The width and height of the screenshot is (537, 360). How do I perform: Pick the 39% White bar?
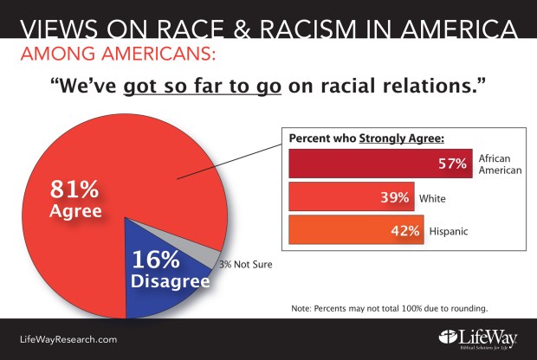point(350,198)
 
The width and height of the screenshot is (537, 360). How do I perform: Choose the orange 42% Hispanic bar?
point(355,233)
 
